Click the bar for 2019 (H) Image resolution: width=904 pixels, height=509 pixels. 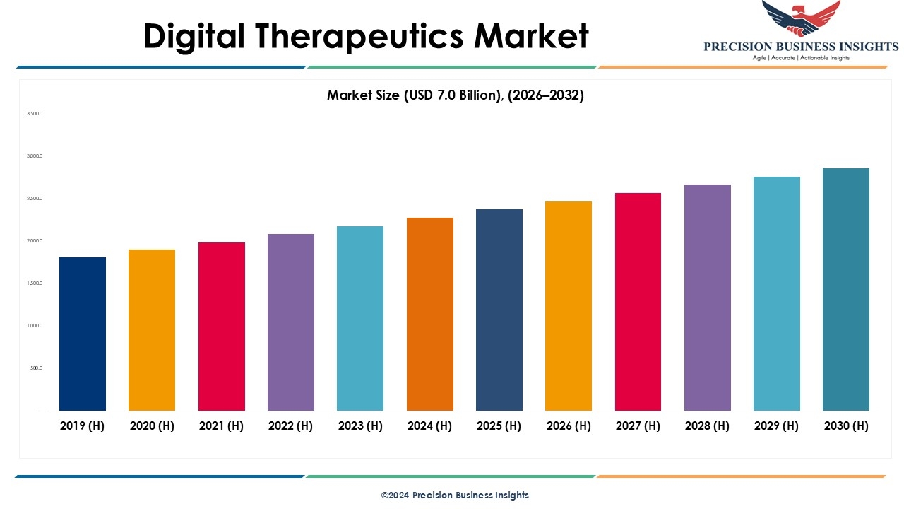pyautogui.click(x=83, y=334)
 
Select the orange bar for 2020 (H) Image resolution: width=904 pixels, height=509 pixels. pyautogui.click(x=152, y=330)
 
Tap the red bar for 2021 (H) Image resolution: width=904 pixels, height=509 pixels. pyautogui.click(x=221, y=327)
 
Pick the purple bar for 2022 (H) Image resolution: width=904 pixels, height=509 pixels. pyautogui.click(x=291, y=322)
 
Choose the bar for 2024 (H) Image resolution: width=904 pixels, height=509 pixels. pyautogui.click(x=430, y=314)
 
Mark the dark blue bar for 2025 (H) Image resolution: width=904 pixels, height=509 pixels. pyautogui.click(x=499, y=310)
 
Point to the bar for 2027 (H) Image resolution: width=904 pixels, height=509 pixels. pyautogui.click(x=638, y=302)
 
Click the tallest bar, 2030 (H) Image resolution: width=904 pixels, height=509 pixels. pyautogui.click(x=846, y=289)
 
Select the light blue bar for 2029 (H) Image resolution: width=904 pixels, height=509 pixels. pyautogui.click(x=777, y=293)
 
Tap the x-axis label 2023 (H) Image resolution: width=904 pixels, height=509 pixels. pyautogui.click(x=360, y=426)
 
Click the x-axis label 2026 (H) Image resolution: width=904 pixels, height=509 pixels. pyautogui.click(x=569, y=426)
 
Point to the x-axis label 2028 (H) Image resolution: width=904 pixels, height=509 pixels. pyautogui.click(x=708, y=426)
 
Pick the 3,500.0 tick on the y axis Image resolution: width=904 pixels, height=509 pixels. pyautogui.click(x=35, y=113)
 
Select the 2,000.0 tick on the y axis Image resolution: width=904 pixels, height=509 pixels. pyautogui.click(x=35, y=241)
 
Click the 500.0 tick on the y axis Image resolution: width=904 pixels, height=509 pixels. pyautogui.click(x=36, y=368)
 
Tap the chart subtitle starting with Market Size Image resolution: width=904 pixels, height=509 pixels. pyautogui.click(x=456, y=95)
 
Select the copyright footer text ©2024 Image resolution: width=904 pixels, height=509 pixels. pyautogui.click(x=455, y=495)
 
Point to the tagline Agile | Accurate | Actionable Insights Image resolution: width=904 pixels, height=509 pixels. pyautogui.click(x=801, y=58)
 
